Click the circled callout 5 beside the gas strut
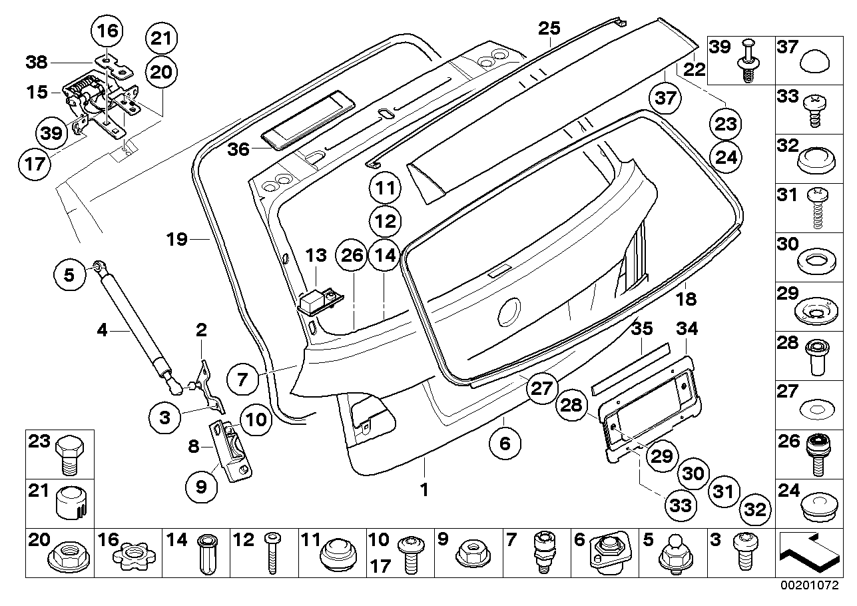click(x=70, y=274)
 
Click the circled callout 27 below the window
click(x=541, y=388)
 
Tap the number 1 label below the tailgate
click(x=424, y=491)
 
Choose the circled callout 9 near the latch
click(x=201, y=487)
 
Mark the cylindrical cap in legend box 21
click(x=70, y=503)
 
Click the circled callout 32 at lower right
click(x=754, y=510)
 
